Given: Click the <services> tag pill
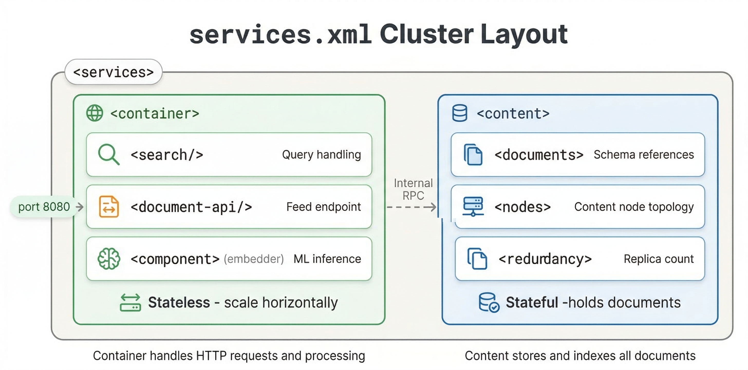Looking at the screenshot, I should (x=113, y=72).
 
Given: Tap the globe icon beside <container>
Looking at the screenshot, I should (x=95, y=113).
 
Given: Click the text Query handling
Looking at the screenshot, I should (x=321, y=154).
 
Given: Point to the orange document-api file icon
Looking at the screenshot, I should (x=109, y=207).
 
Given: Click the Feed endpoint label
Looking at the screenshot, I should (x=323, y=207).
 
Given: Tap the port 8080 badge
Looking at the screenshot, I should (x=44, y=207).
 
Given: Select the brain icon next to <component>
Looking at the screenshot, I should (x=109, y=258).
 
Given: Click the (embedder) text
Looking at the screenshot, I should (x=254, y=259).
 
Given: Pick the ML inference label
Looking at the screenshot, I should (x=327, y=259).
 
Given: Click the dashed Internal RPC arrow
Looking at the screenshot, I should (x=411, y=207).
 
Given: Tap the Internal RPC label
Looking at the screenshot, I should (x=413, y=189).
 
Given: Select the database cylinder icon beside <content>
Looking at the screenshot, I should (x=460, y=113).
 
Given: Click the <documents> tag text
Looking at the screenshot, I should (x=539, y=155).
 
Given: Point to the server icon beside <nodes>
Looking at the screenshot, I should (x=473, y=207).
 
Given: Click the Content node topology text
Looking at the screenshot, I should (x=634, y=207).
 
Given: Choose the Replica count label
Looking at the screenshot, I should (x=659, y=259).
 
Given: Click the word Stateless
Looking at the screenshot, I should (x=179, y=302).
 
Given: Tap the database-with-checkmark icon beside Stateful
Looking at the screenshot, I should (x=489, y=302).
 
